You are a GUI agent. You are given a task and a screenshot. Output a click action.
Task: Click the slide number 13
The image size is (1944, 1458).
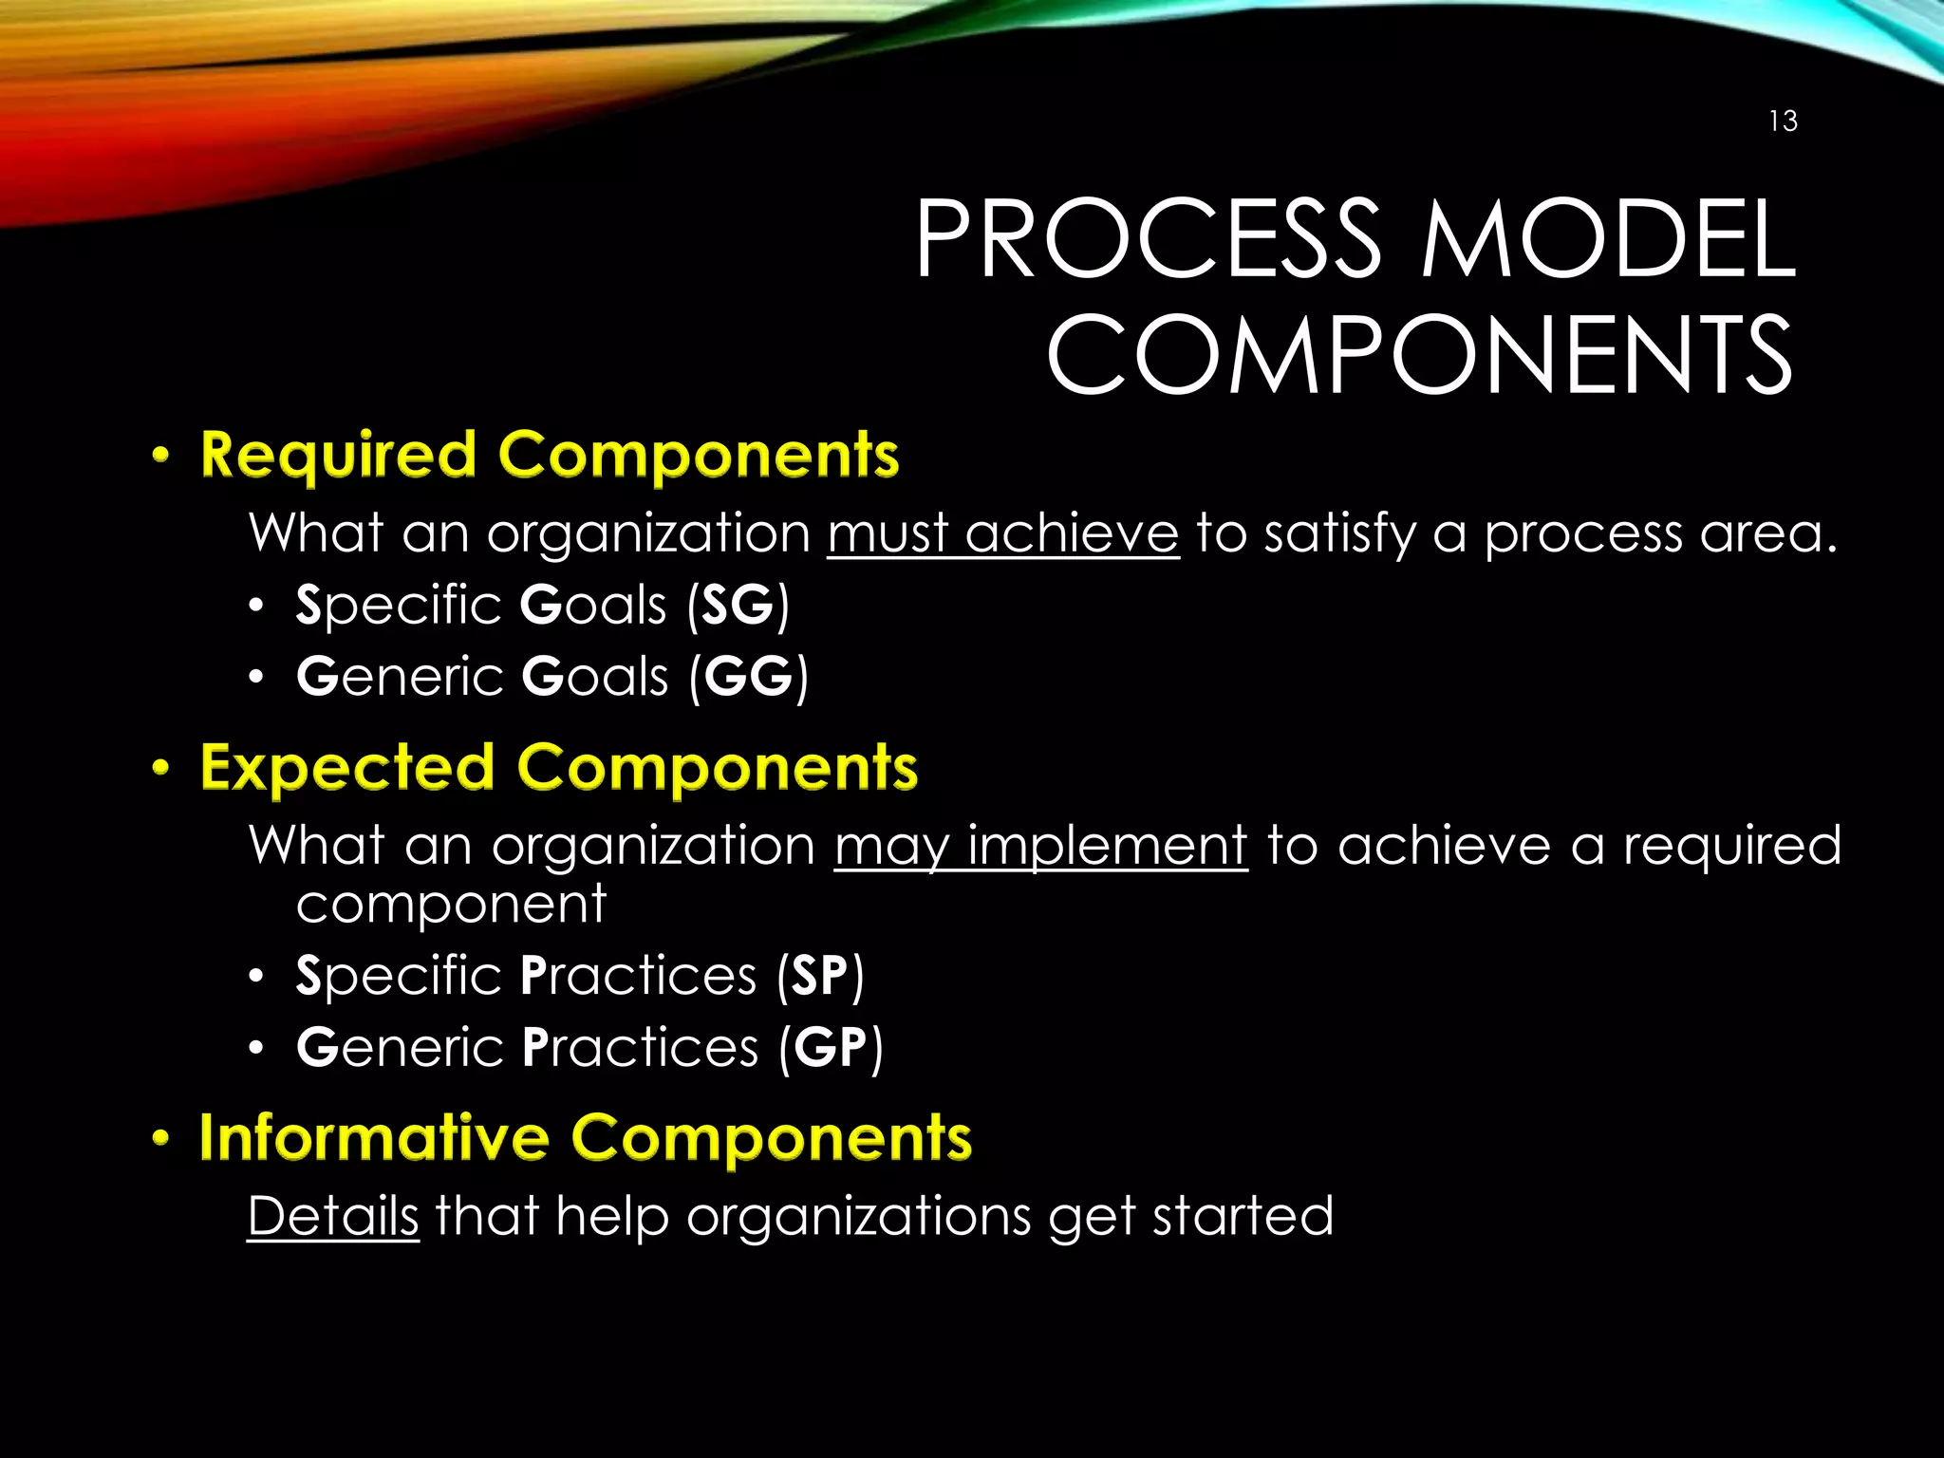[x=1783, y=121]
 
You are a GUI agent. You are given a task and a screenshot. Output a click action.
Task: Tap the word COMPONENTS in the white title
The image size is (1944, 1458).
[x=1419, y=355]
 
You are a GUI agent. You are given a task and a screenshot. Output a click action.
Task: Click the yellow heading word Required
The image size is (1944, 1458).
[x=338, y=456]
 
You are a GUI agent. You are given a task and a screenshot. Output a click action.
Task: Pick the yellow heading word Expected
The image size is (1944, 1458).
[x=347, y=768]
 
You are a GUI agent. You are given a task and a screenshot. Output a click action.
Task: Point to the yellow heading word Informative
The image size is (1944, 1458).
[x=374, y=1137]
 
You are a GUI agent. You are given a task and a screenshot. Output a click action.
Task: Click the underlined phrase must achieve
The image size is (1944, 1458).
[x=1002, y=533]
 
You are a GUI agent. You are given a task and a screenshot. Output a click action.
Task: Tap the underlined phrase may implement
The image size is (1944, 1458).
[x=1040, y=846]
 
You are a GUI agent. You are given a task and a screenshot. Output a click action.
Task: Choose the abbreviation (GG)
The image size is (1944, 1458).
[x=749, y=677]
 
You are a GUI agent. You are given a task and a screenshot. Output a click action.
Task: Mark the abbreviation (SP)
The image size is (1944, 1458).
[x=820, y=976]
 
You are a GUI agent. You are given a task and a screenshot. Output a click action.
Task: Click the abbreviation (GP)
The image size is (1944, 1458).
[x=831, y=1047]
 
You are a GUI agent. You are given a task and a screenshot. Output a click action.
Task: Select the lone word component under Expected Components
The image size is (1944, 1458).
[x=450, y=904]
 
